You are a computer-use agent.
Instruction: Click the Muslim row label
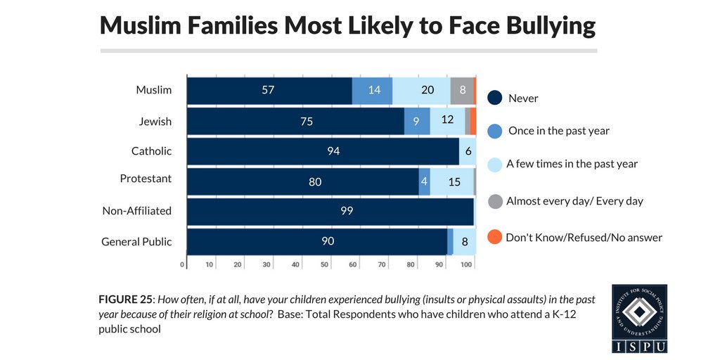point(154,90)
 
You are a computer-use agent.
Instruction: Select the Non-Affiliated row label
point(136,210)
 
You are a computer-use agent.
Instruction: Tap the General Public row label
point(136,241)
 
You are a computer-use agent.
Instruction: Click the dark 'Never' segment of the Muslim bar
point(269,90)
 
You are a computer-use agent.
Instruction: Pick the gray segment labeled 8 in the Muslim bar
point(462,90)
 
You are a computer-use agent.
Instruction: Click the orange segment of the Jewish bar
point(473,120)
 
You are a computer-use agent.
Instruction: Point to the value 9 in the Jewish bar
point(417,120)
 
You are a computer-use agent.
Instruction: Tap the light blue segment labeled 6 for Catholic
point(468,150)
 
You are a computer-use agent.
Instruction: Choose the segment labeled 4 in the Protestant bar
point(424,181)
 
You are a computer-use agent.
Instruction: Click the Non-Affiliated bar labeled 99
point(330,211)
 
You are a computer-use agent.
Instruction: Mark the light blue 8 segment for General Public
point(465,241)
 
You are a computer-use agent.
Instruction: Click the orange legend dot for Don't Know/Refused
point(495,237)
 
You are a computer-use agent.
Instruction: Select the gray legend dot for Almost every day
point(495,201)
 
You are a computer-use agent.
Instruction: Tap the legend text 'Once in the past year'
point(558,131)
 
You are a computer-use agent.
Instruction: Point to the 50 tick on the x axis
point(324,264)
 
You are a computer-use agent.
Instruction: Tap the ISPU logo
point(639,318)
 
